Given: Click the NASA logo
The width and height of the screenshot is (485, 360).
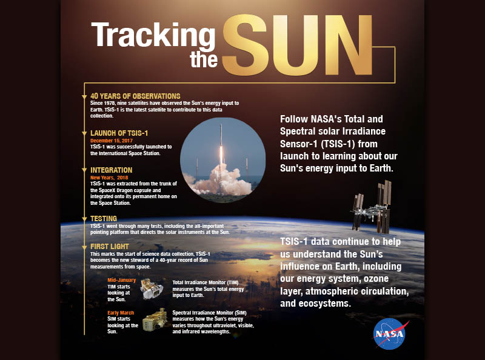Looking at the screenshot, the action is tap(390, 334).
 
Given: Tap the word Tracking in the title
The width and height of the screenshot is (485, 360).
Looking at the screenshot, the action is tap(153, 36).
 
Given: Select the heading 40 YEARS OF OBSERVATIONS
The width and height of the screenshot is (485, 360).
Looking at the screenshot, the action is tap(135, 96).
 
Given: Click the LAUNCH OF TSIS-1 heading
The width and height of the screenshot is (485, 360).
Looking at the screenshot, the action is tap(119, 133).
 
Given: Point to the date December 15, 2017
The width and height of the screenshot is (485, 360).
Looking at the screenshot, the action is tap(112, 141).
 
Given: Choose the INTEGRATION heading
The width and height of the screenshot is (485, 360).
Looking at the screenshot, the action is tap(111, 170).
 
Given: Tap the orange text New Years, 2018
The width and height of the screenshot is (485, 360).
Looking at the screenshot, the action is tap(109, 178).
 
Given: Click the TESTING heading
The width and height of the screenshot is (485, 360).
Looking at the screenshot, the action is tap(104, 218).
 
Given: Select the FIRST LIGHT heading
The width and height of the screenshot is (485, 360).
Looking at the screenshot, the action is tap(110, 247).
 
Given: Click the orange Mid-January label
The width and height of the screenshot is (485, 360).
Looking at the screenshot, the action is tap(122, 280).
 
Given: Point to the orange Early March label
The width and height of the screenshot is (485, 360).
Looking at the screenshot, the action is tap(121, 313).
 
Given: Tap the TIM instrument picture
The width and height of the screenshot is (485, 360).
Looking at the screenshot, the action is tap(152, 289).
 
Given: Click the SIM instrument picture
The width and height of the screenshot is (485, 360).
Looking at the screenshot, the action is tap(155, 320).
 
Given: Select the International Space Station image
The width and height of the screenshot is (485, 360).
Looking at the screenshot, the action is tap(371, 207).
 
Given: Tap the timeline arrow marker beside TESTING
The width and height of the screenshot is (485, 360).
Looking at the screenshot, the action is tap(84, 219).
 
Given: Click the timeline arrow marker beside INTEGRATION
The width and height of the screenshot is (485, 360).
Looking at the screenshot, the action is tap(84, 170).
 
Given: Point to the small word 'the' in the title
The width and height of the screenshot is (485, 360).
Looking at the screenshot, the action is tap(204, 59).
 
